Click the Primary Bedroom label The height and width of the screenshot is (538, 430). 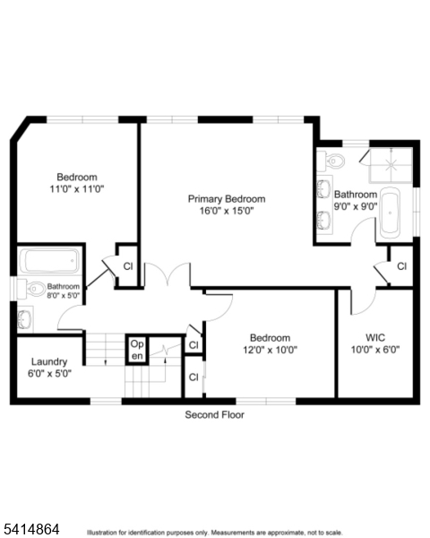point(227,198)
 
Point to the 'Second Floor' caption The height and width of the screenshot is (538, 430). point(214,415)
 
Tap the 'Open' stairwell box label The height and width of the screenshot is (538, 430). point(136,350)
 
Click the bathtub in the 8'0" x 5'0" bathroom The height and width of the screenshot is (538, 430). point(50,260)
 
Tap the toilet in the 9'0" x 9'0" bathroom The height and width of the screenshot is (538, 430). point(334,161)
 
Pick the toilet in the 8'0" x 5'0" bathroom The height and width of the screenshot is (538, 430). point(33,288)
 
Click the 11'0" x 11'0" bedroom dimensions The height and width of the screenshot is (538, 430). point(76,189)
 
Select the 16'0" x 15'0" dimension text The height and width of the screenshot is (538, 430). point(227,211)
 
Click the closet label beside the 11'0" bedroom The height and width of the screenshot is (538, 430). point(128,265)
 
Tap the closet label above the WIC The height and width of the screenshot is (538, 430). point(401,266)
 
